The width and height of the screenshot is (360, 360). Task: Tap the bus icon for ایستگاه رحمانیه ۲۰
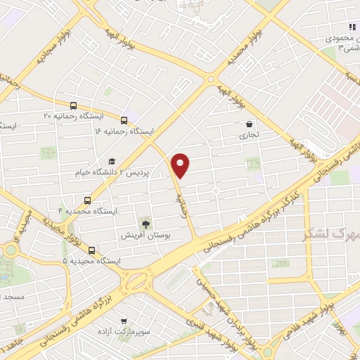coord(73,105)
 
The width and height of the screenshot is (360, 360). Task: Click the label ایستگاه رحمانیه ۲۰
coord(39,114)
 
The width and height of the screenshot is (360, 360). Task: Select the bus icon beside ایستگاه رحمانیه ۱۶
coord(124,121)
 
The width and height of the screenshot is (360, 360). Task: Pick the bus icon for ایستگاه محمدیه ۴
coord(87,200)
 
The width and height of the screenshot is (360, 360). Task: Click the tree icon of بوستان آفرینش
coord(146,224)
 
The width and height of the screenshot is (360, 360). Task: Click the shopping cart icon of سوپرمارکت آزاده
coord(124,319)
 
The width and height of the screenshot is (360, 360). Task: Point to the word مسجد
coord(14,297)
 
